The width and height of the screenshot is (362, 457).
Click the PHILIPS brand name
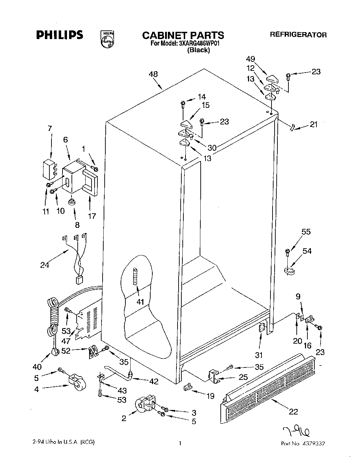(59, 35)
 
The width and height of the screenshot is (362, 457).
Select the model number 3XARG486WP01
(195, 44)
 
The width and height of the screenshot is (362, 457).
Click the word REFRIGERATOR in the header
(298, 35)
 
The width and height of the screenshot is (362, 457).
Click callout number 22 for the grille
(293, 411)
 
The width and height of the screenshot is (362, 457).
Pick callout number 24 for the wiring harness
(45, 265)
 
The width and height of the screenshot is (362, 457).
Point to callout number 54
(307, 251)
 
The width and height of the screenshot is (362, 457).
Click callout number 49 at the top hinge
(251, 59)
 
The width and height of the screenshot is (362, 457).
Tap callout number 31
(259, 355)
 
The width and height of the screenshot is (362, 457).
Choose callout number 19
(210, 396)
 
